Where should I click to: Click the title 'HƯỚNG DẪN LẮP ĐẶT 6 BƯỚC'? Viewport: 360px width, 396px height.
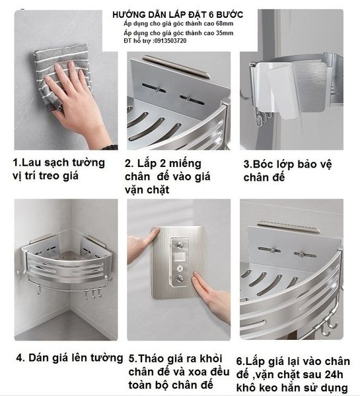[178, 15]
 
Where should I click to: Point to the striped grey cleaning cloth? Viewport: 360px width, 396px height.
[58, 73]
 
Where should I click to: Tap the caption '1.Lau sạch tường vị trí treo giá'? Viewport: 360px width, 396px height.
[59, 169]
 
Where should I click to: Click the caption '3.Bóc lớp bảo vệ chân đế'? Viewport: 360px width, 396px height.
[287, 171]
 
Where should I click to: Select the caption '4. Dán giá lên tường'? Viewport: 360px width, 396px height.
[69, 358]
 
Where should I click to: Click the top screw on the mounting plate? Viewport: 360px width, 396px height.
[180, 244]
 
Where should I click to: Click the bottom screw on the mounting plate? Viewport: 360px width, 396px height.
[180, 279]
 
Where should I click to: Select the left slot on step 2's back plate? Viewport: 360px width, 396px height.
[154, 88]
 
